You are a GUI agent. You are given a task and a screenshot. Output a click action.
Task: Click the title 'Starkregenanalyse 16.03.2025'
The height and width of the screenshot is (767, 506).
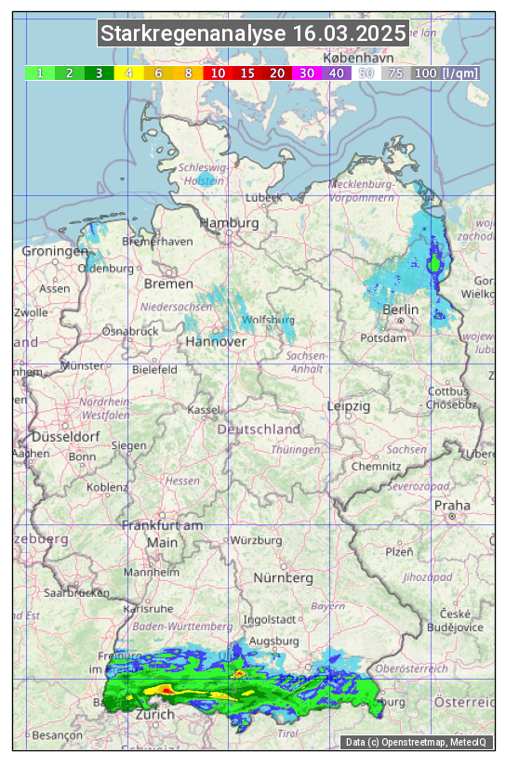[253, 34]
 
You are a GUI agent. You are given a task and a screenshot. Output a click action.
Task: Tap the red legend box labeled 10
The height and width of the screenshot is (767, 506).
[218, 73]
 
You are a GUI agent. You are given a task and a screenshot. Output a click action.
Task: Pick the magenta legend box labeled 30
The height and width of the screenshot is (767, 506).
[306, 73]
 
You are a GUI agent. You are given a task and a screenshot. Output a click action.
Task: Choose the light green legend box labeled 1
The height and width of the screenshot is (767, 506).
[40, 73]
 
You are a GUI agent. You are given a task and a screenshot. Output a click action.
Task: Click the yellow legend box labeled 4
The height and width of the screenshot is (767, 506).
[129, 73]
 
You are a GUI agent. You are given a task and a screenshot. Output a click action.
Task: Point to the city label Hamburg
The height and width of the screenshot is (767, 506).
[229, 223]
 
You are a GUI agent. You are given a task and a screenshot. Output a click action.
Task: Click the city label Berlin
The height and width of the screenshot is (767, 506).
[400, 309]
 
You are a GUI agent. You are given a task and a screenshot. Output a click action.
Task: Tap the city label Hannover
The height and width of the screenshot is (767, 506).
[216, 341]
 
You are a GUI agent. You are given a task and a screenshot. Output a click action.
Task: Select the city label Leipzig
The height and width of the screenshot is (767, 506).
[349, 406]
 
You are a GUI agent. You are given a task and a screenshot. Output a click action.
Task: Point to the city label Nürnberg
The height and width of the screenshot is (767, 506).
[283, 577]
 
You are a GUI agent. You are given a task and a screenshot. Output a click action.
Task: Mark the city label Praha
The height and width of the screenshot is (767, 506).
[452, 505]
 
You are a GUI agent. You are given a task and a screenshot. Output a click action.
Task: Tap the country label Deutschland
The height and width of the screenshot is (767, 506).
[259, 430]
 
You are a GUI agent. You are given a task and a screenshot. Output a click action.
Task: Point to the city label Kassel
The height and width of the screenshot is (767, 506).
[203, 410]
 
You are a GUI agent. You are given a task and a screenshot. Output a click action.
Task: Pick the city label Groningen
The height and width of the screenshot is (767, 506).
[55, 251]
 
